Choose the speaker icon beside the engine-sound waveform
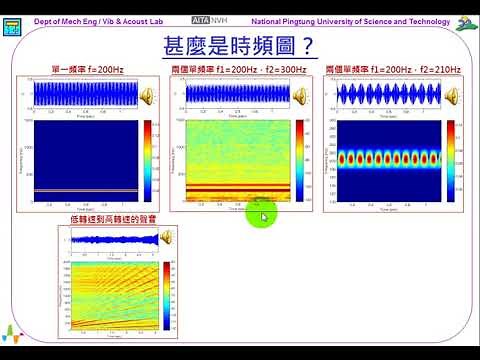[165, 237]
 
